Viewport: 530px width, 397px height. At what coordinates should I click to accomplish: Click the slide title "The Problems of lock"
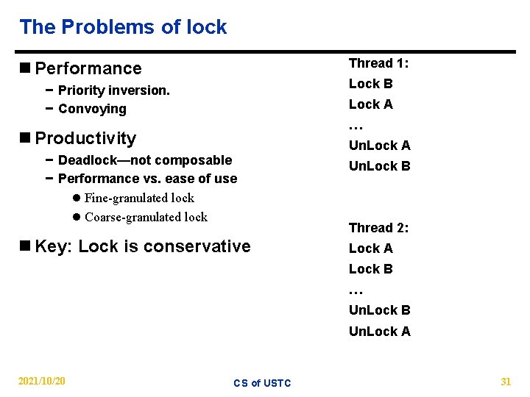(x=123, y=27)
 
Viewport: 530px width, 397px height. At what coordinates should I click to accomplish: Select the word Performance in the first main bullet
(x=88, y=68)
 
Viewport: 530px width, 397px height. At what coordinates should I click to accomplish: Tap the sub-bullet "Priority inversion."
(x=113, y=90)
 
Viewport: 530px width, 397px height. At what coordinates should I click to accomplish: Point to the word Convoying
(x=92, y=109)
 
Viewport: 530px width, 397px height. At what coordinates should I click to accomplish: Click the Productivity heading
(x=85, y=138)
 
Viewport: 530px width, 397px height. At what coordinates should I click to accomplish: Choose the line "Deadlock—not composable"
(x=144, y=160)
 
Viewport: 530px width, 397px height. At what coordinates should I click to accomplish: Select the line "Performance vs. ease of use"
(x=147, y=179)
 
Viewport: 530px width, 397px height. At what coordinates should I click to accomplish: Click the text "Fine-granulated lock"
(x=139, y=198)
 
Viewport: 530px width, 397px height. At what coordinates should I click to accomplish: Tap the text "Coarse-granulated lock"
(x=146, y=217)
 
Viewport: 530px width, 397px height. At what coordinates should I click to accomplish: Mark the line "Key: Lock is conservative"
(x=142, y=246)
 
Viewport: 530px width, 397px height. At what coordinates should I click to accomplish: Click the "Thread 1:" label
(x=378, y=63)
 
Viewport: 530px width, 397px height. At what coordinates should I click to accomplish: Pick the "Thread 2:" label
(x=378, y=228)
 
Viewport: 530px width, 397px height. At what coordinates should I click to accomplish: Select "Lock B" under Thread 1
(x=370, y=84)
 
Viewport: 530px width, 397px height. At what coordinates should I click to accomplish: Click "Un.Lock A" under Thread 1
(x=379, y=146)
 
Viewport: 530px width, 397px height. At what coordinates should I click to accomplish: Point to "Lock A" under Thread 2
(x=370, y=248)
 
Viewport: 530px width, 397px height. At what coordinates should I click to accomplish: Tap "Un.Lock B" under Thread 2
(x=379, y=310)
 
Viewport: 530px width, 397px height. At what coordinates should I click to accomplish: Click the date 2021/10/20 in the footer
(x=41, y=381)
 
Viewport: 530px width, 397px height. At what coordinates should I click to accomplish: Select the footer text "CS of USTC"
(x=262, y=383)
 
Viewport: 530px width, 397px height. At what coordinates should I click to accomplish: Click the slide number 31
(x=506, y=381)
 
